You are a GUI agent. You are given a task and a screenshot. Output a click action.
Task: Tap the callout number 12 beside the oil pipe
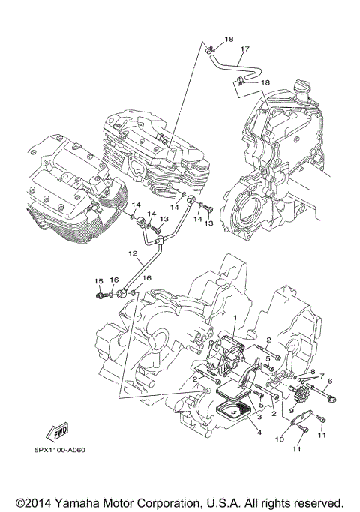(x=131, y=255)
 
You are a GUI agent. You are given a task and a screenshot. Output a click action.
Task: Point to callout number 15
(x=97, y=281)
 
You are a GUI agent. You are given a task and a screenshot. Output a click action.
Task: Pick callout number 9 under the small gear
(x=291, y=412)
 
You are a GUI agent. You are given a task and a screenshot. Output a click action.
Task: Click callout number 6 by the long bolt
(x=328, y=381)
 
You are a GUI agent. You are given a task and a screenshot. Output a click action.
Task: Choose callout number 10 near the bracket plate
(x=279, y=439)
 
